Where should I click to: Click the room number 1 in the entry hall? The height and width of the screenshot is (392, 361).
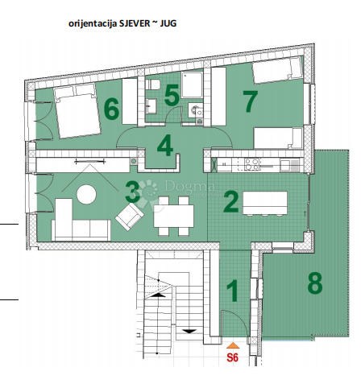[232, 291]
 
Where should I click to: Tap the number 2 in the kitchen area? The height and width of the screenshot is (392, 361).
[230, 201]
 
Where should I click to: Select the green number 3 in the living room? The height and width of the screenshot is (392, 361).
[133, 192]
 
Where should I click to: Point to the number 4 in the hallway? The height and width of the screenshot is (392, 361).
[165, 147]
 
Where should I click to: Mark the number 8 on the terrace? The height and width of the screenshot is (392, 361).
[315, 283]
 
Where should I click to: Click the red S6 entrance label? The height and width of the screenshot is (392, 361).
[233, 358]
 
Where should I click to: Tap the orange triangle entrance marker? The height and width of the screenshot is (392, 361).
[233, 345]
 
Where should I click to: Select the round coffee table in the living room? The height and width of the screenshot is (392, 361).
[85, 195]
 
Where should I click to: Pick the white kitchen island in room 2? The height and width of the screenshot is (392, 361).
[265, 202]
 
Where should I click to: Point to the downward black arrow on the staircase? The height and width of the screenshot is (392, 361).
[189, 329]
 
